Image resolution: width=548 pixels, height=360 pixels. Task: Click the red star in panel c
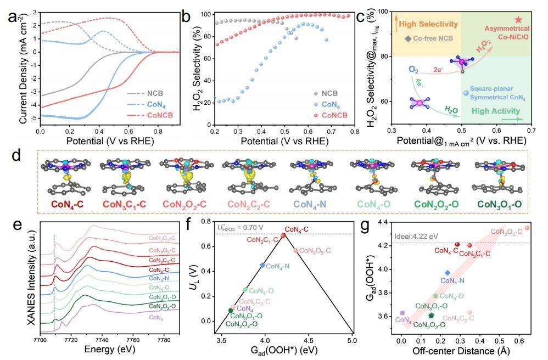coord(518,20)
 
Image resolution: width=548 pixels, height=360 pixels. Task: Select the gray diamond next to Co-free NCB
coord(408,39)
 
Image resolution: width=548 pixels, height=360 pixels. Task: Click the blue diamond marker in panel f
coord(262,265)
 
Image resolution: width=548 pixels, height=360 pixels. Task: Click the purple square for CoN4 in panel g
coord(402,313)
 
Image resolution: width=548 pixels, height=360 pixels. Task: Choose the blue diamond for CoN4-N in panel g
coord(448,273)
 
